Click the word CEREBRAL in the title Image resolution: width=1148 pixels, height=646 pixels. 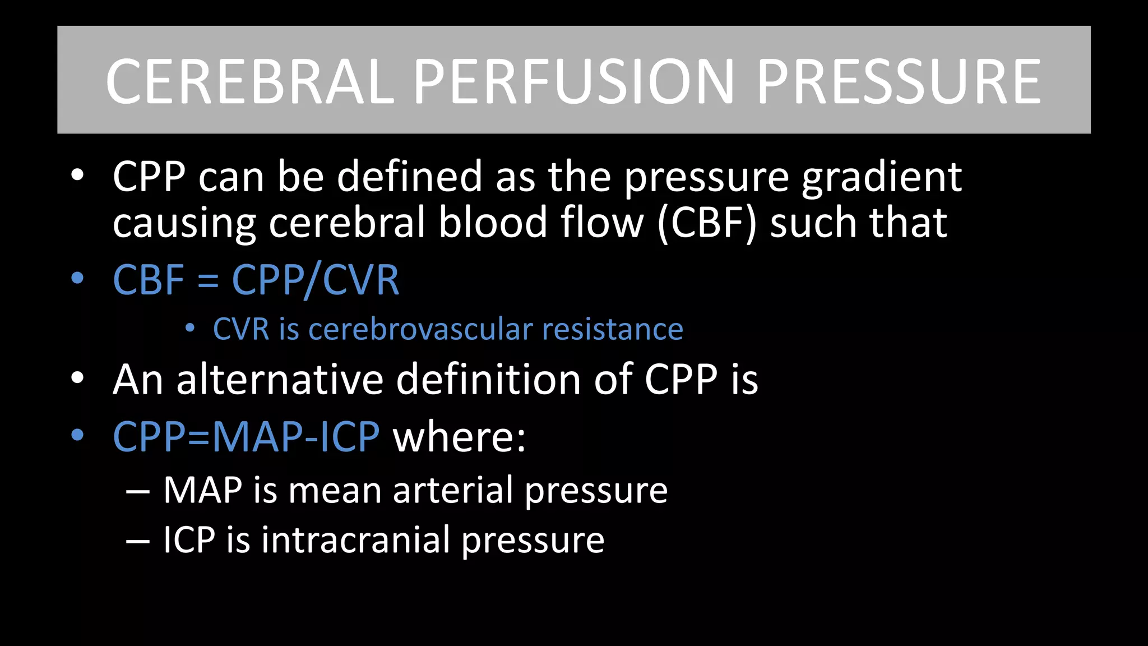pyautogui.click(x=250, y=82)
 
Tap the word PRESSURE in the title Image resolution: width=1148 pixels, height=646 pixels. pyautogui.click(x=899, y=82)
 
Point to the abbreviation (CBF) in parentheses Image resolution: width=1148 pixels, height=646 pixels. pyautogui.click(x=707, y=223)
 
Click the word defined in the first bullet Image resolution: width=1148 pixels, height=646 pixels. pyautogui.click(x=409, y=177)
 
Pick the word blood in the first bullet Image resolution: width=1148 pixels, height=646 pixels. pyautogui.click(x=493, y=222)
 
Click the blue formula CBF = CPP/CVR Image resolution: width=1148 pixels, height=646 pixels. pyautogui.click(x=256, y=279)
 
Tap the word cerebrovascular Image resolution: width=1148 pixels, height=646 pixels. pyautogui.click(x=420, y=329)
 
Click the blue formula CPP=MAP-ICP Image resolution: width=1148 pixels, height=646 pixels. pyautogui.click(x=246, y=436)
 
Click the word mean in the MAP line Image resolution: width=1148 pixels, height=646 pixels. pyautogui.click(x=335, y=491)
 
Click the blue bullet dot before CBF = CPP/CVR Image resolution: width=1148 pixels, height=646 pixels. pyautogui.click(x=77, y=278)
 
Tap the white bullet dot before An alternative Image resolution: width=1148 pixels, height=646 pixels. pyautogui.click(x=77, y=378)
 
